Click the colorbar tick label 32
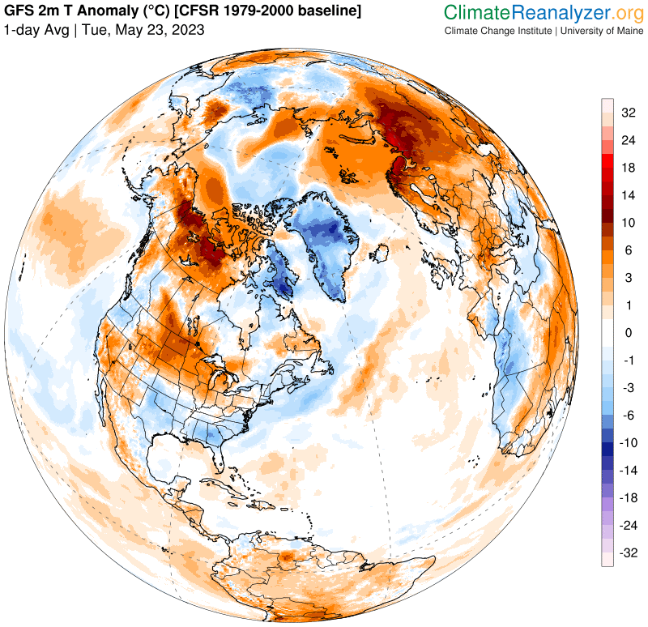click(x=629, y=113)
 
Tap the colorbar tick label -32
click(x=629, y=553)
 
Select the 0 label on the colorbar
click(x=627, y=333)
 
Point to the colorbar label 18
click(x=629, y=168)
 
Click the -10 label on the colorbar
click(x=629, y=443)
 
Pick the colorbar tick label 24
click(x=629, y=140)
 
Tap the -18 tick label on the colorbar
click(x=629, y=498)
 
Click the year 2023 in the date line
click(x=187, y=30)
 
